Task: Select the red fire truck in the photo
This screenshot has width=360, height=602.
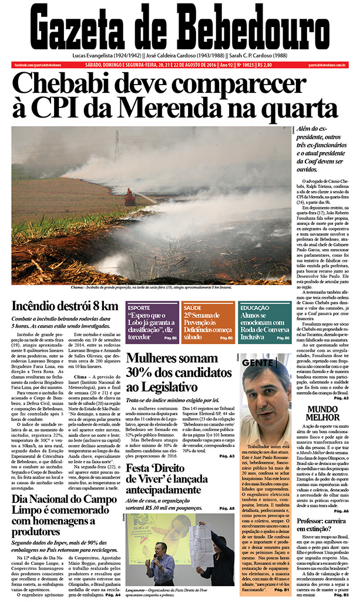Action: tap(130, 197)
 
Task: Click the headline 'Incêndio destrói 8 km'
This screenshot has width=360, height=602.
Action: tap(65, 305)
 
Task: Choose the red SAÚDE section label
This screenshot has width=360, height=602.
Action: tap(193, 307)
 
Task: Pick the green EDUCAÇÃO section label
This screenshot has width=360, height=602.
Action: tap(255, 307)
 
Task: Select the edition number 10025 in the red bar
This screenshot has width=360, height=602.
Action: tap(243, 65)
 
